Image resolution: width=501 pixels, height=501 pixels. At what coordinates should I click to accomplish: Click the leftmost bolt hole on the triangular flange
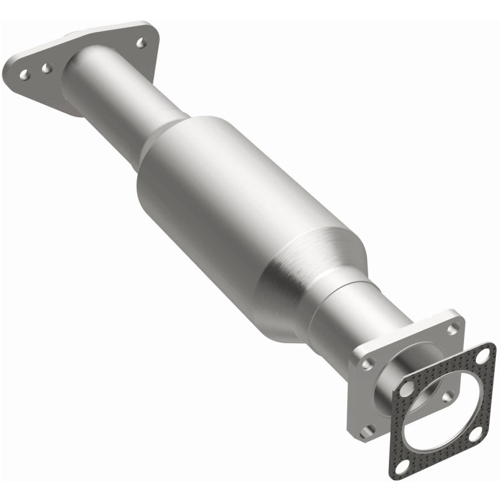coord(24,74)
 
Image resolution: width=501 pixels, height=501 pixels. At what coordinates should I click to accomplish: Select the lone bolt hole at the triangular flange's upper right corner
coord(141,43)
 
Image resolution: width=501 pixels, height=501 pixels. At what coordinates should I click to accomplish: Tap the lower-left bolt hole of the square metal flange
coord(369,430)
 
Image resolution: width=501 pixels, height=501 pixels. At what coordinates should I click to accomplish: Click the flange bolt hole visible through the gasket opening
coord(447,396)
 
